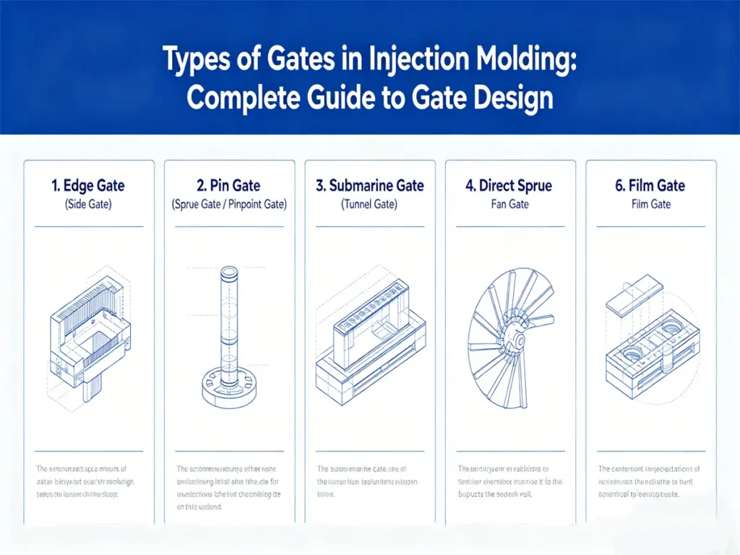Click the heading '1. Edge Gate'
point(88,186)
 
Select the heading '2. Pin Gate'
point(229,186)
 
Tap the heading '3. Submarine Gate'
point(369,186)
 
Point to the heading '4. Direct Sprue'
point(509,186)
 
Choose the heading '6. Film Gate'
point(650,186)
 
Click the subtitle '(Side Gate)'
point(88,205)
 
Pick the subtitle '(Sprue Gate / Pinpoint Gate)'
point(229,205)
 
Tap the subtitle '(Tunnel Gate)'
point(369,205)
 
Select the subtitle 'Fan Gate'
point(509,205)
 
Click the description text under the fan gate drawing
point(509,481)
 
